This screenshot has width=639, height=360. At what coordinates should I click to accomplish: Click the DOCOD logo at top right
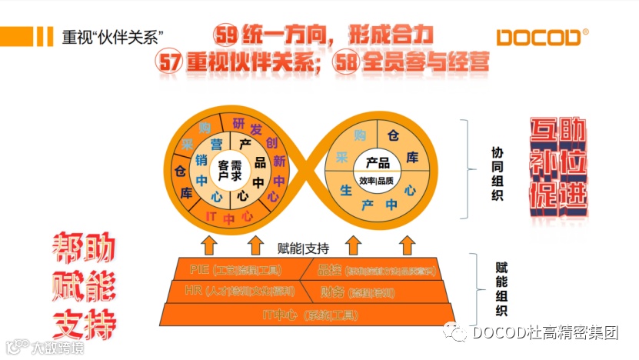pyautogui.click(x=541, y=37)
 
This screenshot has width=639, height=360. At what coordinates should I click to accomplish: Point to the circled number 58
pyautogui.click(x=347, y=62)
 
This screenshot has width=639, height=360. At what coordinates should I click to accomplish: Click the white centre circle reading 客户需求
pyautogui.click(x=229, y=166)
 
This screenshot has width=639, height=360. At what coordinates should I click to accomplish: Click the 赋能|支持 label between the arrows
pyautogui.click(x=303, y=248)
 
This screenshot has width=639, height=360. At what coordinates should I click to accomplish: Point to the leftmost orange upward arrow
pyautogui.click(x=208, y=245)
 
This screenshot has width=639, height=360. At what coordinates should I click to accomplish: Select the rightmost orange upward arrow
pyautogui.click(x=405, y=245)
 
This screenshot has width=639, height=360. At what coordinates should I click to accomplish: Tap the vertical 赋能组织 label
pyautogui.click(x=501, y=288)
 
